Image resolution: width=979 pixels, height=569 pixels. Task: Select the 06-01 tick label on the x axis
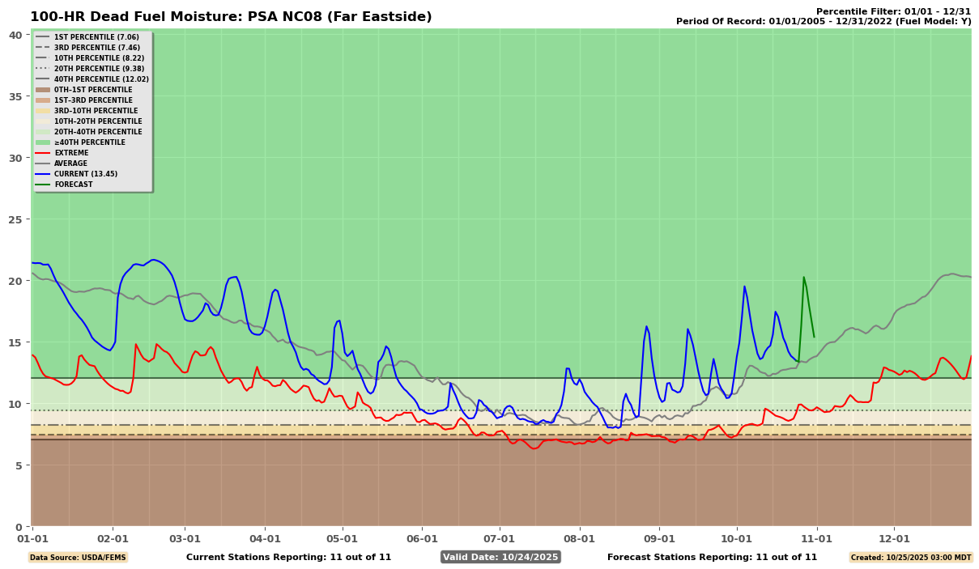[x=422, y=538]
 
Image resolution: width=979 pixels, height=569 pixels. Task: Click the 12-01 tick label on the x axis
[x=894, y=538]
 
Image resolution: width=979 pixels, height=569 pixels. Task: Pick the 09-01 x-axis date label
[x=659, y=538]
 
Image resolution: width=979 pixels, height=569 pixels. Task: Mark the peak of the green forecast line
[x=803, y=278]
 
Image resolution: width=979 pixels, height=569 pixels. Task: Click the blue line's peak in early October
[x=744, y=287]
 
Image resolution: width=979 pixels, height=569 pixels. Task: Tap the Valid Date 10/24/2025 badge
[x=500, y=557]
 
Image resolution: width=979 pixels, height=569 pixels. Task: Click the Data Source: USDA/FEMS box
[x=78, y=557]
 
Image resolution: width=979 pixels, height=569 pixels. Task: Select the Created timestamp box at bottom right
[x=910, y=557]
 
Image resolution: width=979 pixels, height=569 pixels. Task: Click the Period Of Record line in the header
[x=824, y=21]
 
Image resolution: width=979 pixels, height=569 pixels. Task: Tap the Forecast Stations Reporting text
[x=712, y=557]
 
